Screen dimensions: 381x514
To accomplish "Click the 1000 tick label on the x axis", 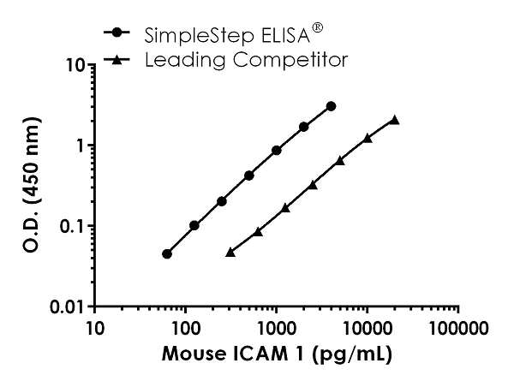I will click(277, 329).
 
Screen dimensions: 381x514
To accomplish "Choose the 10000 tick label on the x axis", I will click(368, 329).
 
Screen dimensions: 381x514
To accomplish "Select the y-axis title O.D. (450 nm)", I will click(27, 185).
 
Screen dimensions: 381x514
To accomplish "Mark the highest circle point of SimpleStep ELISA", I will click(332, 106).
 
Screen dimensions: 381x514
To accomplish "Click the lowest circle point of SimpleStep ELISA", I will click(167, 253).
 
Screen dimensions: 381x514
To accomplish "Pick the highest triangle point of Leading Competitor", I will click(395, 120).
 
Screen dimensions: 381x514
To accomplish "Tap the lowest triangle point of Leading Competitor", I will click(230, 253).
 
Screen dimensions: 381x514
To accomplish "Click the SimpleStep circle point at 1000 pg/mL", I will click(277, 150).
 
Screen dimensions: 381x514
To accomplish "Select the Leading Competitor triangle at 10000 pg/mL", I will click(368, 137).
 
